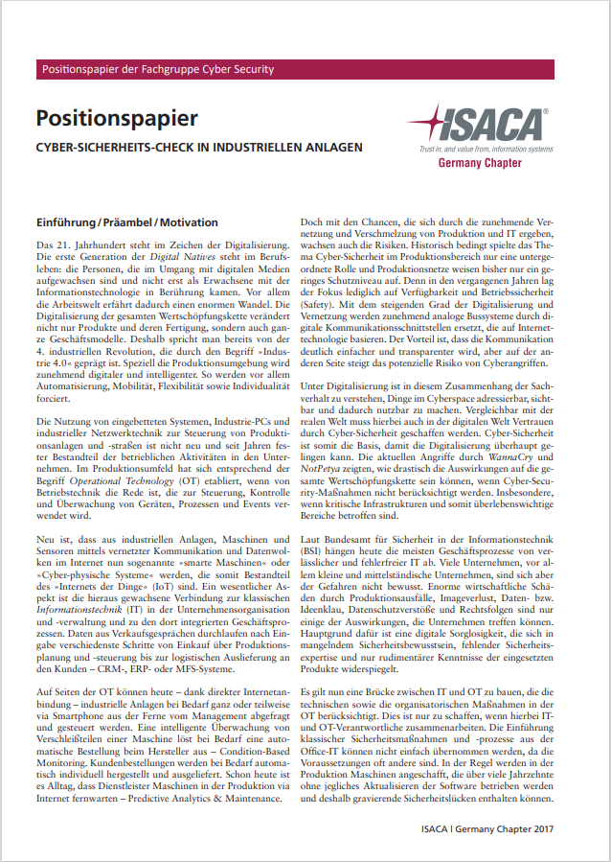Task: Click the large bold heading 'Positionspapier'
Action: pos(117,118)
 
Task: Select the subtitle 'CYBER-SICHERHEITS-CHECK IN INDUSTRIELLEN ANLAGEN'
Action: pos(198,148)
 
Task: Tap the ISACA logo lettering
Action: pos(493,125)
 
